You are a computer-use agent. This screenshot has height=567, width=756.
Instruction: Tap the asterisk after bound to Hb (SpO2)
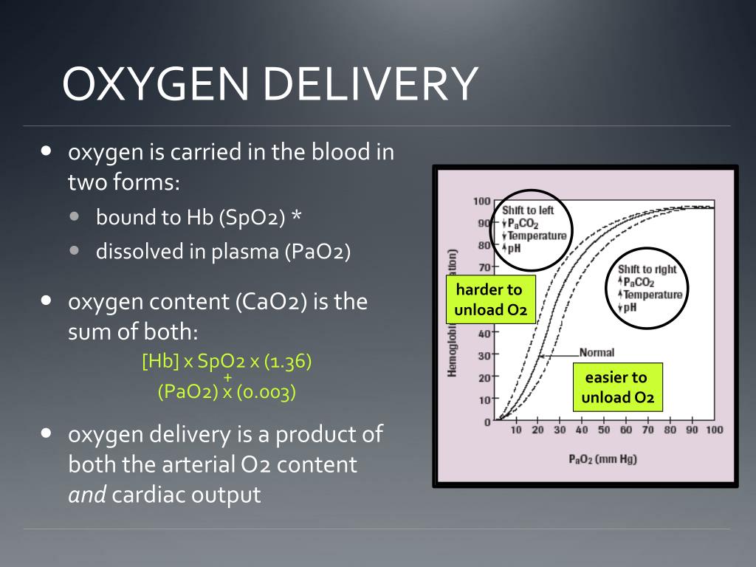[296, 218]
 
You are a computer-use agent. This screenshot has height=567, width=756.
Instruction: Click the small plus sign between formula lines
[227, 377]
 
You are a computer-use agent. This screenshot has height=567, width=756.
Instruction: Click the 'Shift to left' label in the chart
[528, 210]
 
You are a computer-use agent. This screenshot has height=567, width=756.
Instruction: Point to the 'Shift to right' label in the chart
[647, 269]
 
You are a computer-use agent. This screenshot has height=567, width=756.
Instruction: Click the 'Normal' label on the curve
[597, 353]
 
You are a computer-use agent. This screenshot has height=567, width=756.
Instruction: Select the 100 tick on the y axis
[482, 202]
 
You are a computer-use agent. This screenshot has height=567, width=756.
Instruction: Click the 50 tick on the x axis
[605, 430]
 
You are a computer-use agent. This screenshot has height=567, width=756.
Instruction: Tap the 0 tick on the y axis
[487, 422]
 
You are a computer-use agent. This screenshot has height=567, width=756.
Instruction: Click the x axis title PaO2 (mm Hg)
[603, 458]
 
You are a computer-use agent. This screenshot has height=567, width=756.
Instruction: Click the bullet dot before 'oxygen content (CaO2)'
[47, 300]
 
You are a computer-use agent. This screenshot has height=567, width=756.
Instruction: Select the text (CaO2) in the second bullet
[273, 303]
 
